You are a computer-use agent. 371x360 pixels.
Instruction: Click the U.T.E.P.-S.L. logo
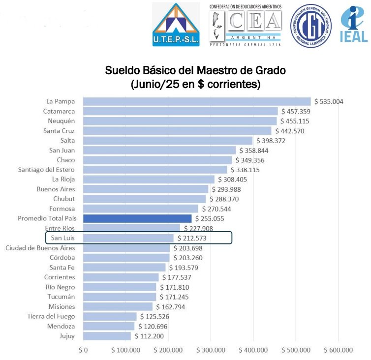(176, 24)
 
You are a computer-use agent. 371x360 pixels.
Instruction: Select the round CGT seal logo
(310, 26)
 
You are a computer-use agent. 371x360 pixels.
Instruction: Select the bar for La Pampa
(197, 102)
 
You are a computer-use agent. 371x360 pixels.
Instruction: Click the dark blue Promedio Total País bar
(137, 219)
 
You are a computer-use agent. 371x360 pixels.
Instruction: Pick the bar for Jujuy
(107, 336)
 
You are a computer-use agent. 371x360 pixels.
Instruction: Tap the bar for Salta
(167, 141)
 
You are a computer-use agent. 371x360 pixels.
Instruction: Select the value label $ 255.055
(210, 219)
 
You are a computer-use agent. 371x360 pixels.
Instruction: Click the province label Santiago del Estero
(47, 170)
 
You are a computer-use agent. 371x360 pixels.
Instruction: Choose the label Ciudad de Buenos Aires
(40, 248)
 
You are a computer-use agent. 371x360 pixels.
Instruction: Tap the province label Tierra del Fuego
(51, 316)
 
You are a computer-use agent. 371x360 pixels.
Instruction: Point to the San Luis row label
(62, 238)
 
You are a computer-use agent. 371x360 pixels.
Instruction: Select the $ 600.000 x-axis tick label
(339, 350)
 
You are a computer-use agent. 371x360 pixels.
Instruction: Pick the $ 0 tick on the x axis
(83, 350)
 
